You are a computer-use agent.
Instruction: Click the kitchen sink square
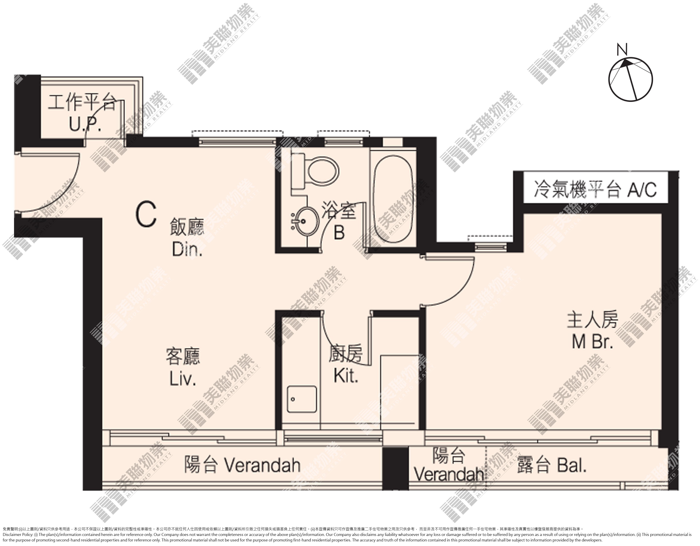coord(302,399)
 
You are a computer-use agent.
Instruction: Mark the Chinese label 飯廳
coord(187,227)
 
